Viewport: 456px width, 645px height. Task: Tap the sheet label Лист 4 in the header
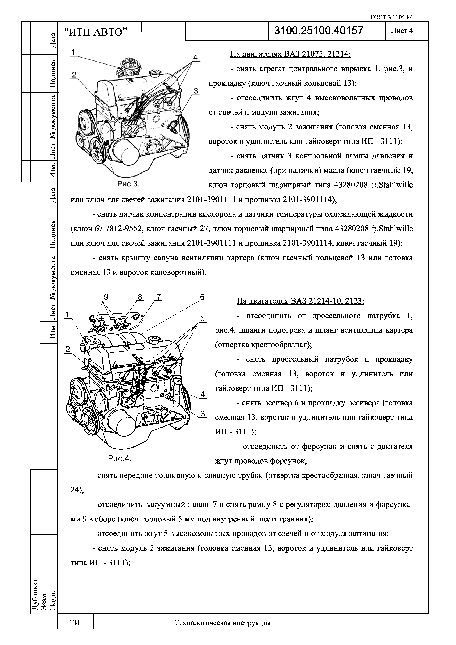[x=402, y=31]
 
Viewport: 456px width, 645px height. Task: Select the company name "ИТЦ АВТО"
[x=95, y=33]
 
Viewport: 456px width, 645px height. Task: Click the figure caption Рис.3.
[x=128, y=184]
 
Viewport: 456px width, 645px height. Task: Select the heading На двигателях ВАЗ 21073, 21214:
[x=290, y=54]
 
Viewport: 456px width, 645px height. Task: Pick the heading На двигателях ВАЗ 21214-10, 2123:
[x=301, y=301]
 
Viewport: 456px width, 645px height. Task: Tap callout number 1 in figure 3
[x=73, y=52]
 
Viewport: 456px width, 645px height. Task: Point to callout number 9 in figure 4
[x=106, y=297]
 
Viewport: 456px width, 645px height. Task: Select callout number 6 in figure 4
[x=202, y=297]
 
